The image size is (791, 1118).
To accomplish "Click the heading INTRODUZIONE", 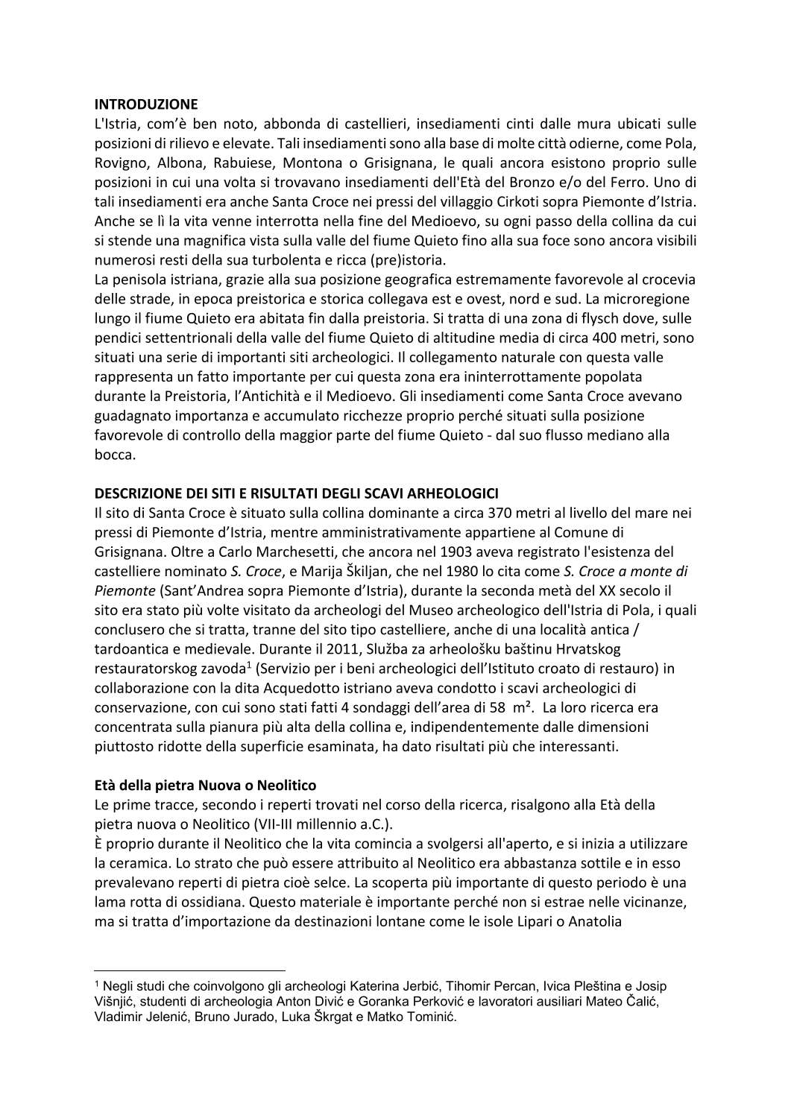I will [x=146, y=104].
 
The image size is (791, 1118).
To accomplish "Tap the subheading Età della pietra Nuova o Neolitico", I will [x=205, y=785].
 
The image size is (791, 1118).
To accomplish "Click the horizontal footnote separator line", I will [x=190, y=970].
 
